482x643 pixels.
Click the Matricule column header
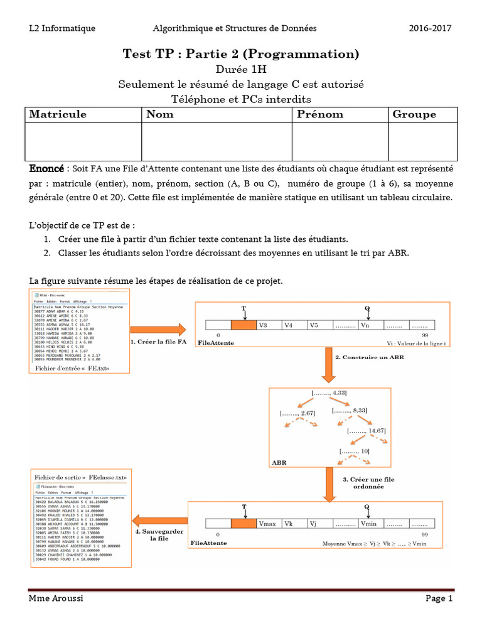[58, 114]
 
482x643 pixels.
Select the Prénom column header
[320, 114]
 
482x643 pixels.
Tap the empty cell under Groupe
[422, 141]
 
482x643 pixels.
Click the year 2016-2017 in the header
[430, 28]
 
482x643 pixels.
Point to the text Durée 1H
[241, 70]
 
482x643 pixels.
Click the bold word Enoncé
[46, 170]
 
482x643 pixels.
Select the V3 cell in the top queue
[269, 326]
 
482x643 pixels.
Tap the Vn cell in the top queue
[370, 326]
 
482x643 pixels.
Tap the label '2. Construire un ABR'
[360, 357]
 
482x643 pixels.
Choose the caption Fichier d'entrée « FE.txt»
[68, 368]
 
